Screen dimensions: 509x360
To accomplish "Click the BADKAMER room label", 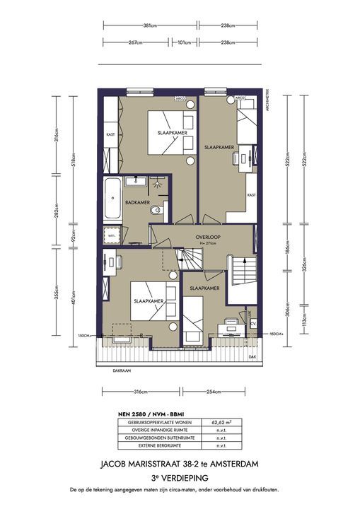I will click(137, 203).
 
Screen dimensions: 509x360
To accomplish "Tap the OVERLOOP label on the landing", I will click(210, 237).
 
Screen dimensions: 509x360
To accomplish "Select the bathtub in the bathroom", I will click(111, 199).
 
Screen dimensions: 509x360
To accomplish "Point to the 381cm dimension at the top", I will click(149, 26).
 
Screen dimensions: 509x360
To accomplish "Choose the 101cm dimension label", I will click(184, 42).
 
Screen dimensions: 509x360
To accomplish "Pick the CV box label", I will click(252, 323).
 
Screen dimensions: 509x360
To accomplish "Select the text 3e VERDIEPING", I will click(180, 477).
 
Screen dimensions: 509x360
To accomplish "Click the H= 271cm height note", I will click(209, 245).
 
